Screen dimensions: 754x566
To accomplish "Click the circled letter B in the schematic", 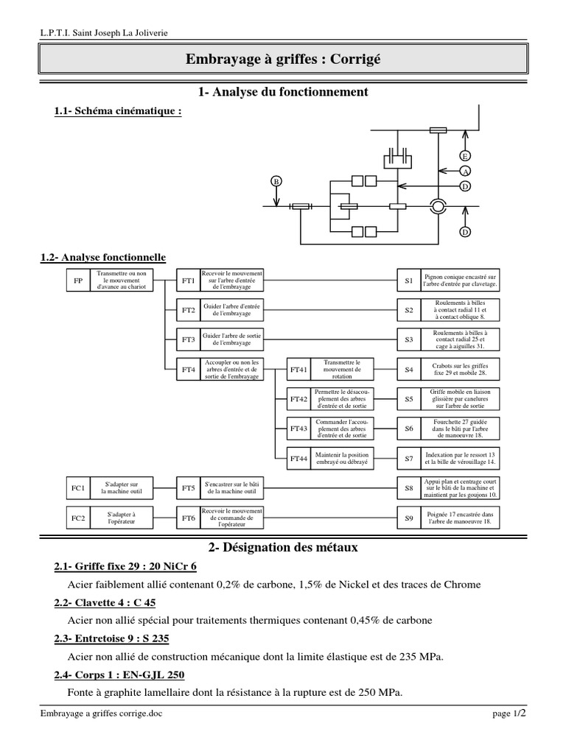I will pos(276,181).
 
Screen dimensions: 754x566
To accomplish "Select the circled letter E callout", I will pos(465,155).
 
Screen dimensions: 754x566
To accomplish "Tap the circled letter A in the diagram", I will pos(465,171).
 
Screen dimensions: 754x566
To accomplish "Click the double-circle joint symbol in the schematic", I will pos(438,206).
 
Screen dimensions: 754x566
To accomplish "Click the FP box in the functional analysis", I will pos(78,281).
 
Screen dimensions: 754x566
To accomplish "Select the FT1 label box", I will pos(188,281).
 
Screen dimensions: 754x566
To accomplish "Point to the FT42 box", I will pos(298,399).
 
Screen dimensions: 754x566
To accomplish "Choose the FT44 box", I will pos(298,458).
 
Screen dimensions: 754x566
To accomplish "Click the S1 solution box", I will pos(408,281).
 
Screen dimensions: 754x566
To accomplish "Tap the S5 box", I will pos(408,399).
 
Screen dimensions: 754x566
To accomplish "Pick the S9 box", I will pos(408,518).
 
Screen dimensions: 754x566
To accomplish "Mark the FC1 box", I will pos(78,487).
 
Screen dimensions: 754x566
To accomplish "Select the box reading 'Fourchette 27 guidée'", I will pos(461,429).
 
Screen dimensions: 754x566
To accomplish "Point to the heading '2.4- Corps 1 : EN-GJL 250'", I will pos(119,674).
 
